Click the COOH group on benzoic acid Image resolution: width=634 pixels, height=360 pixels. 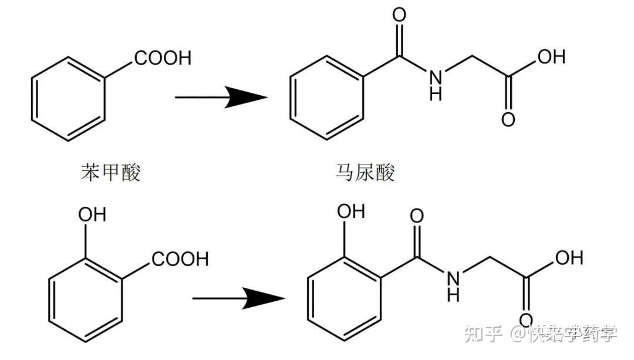coord(163,59)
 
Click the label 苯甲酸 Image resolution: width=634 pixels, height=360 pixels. coord(110,173)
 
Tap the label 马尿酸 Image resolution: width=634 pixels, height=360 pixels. coord(365,173)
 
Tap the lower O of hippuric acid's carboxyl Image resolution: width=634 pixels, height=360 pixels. coord(508,119)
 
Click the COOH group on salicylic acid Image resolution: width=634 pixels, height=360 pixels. coord(180,259)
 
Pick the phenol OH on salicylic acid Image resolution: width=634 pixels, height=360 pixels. coord(92,214)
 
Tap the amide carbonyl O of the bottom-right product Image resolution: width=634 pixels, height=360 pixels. coord(417,217)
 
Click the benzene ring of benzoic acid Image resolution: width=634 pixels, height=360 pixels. coord(68,99)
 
